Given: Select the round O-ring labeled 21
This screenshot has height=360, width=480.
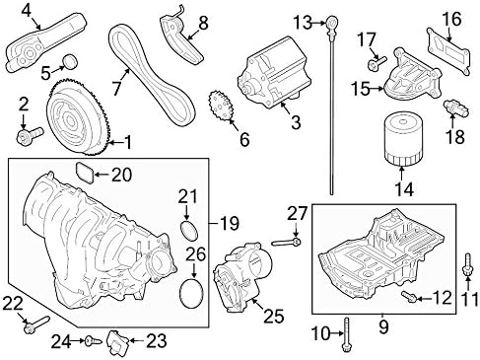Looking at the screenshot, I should tap(185, 229).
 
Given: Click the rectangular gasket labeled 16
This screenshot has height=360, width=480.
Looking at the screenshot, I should tap(446, 45).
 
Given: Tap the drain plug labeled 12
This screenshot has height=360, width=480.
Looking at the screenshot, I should tap(407, 294).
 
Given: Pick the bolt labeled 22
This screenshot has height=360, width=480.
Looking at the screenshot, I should tap(35, 323).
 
